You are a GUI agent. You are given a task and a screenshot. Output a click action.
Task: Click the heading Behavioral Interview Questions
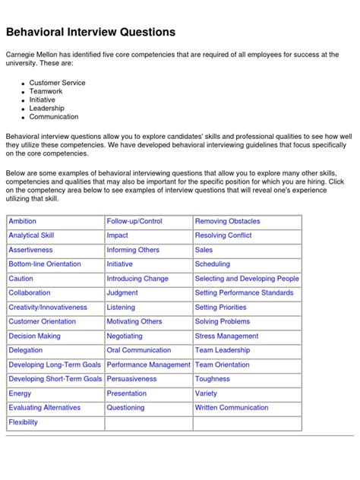coord(91,32)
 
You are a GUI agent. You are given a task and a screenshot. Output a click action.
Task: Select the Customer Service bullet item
coord(57,83)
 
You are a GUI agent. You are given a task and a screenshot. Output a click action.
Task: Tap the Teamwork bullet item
coord(47,91)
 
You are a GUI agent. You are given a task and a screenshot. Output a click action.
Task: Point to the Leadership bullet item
coord(49,109)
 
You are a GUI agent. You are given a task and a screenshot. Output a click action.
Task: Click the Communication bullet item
coord(54,117)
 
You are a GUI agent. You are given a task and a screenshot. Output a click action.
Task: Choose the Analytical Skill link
coord(31,235)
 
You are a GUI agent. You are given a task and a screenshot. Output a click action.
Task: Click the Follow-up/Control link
coord(134,221)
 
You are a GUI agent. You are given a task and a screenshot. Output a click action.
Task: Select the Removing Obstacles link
coord(228,221)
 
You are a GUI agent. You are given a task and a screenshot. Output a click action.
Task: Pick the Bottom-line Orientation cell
coord(44,264)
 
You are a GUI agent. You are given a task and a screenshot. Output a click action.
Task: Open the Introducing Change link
coord(137,279)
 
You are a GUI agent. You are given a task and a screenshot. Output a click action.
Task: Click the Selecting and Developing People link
coord(247,279)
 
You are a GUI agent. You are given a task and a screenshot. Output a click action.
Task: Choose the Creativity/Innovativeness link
coord(48,308)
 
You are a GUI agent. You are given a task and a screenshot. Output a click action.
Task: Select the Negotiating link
coord(125,336)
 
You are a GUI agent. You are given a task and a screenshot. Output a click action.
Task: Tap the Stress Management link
coord(226,336)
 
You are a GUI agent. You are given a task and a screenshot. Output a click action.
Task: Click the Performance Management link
coord(148,365)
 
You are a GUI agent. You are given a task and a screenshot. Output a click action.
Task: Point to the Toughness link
coord(212,379)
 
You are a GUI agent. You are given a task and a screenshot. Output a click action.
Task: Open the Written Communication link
coord(231,408)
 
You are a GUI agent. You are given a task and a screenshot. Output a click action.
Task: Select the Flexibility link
coord(23,422)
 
